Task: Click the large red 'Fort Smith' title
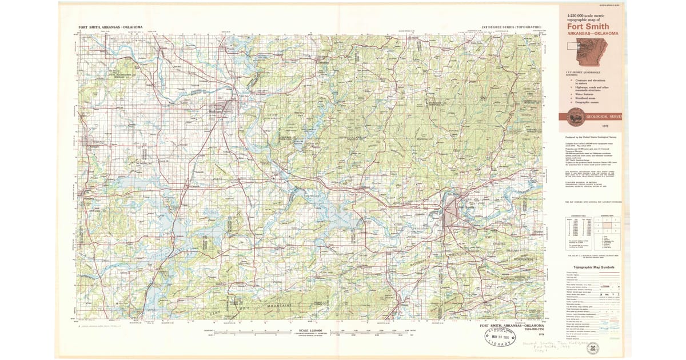point(588,26)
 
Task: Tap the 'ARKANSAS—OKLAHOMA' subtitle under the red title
point(588,33)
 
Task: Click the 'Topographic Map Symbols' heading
point(593,267)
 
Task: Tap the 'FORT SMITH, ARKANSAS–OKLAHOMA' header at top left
point(111,27)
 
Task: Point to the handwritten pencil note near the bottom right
point(548,346)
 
